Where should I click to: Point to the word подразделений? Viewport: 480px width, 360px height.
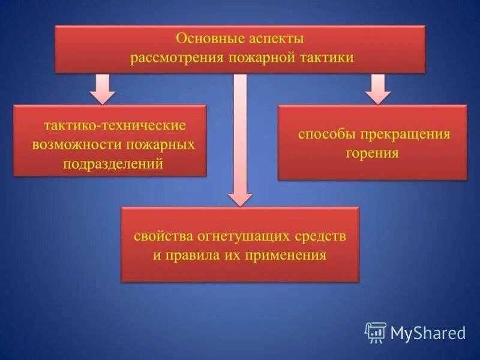[x=113, y=164]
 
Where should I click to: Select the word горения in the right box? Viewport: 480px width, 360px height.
[x=372, y=152]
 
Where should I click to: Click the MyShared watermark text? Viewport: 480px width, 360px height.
[x=428, y=332]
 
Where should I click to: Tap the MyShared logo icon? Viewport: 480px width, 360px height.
[x=376, y=332]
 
